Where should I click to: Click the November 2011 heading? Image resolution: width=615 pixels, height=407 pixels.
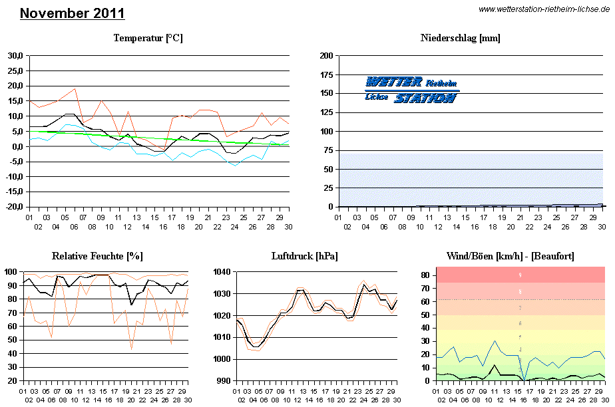(72, 13)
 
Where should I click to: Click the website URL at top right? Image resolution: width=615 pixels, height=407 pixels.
(544, 9)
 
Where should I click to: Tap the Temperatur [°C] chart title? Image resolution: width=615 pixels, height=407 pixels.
(148, 39)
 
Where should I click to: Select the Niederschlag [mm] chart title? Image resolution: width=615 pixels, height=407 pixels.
(460, 39)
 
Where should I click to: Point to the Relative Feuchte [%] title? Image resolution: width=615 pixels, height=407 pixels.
(97, 256)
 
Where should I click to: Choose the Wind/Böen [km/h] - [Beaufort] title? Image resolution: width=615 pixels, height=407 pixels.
(511, 256)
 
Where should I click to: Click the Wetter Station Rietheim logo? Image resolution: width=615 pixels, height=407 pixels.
(412, 90)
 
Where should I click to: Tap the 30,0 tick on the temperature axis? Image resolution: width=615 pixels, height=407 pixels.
(14, 56)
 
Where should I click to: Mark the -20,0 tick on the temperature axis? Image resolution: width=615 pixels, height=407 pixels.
(13, 207)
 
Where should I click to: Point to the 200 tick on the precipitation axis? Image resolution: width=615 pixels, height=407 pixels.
(326, 56)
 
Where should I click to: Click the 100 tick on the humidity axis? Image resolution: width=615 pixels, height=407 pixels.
(11, 271)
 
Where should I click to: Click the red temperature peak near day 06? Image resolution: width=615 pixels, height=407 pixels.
(75, 88)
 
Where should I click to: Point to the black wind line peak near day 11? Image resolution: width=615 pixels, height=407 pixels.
(493, 365)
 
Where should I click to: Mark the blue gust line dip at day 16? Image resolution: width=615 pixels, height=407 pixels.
(524, 380)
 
